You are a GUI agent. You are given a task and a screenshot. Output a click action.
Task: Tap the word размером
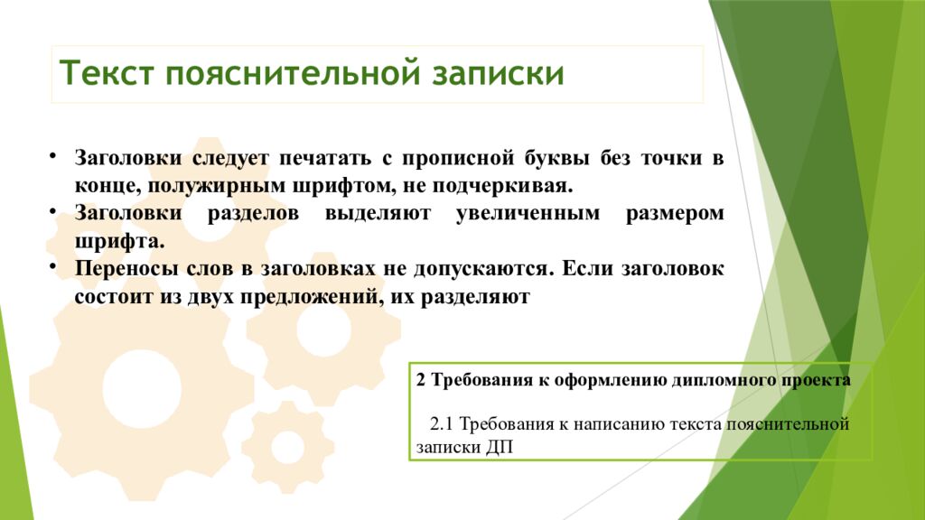click(x=675, y=215)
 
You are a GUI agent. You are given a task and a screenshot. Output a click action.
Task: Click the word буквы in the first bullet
click(x=555, y=159)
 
